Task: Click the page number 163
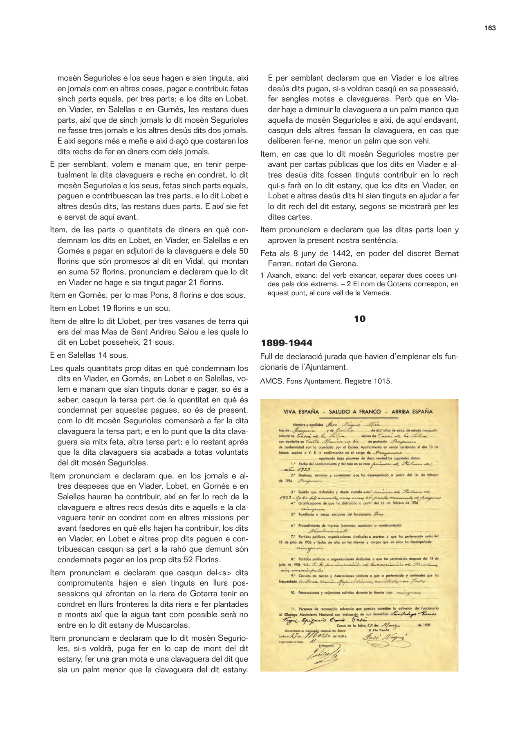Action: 490,28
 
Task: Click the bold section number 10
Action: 359,319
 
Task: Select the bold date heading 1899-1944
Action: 287,343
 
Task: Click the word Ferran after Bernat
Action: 281,264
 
